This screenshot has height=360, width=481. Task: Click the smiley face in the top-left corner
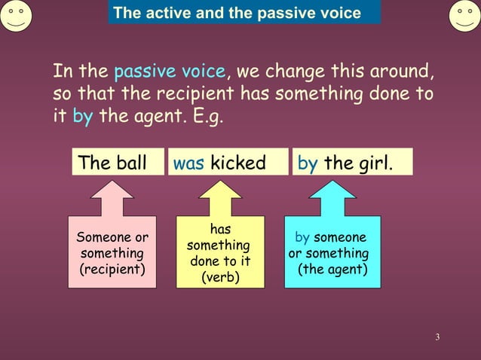(x=17, y=15)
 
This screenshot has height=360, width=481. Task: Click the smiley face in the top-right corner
(x=465, y=15)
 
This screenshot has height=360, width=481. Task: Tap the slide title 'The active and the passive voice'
(x=237, y=13)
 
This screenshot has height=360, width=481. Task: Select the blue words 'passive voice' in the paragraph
(x=169, y=72)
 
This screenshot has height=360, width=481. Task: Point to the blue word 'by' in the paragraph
(x=82, y=118)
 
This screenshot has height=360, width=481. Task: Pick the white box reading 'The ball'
(x=118, y=163)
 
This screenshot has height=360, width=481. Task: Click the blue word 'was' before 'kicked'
(x=188, y=163)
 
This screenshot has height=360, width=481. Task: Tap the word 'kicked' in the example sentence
(x=238, y=163)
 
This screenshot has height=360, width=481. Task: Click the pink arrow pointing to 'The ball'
(x=112, y=197)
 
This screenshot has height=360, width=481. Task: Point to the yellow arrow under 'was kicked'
(x=219, y=197)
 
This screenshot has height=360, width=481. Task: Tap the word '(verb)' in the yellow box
(x=220, y=278)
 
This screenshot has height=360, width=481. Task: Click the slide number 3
(x=437, y=335)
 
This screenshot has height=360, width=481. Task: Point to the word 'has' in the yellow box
(x=220, y=229)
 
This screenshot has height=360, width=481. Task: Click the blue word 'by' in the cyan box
(x=302, y=237)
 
